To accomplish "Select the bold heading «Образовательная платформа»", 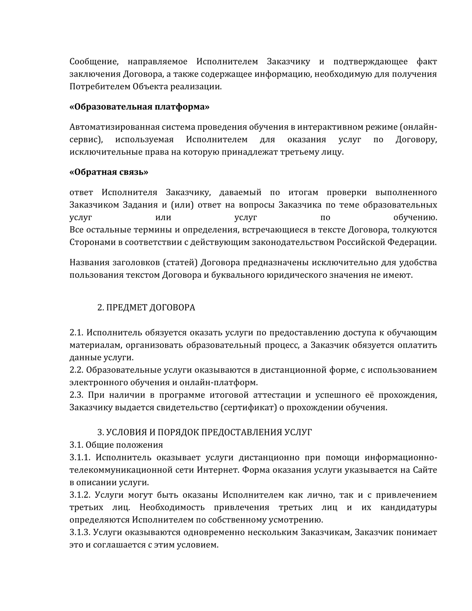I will [x=140, y=107].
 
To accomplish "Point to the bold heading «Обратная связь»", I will [x=109, y=172].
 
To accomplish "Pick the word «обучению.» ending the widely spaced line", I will [x=415, y=217].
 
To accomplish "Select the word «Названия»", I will [x=89, y=262].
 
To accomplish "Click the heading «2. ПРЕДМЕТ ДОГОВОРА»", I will [x=146, y=307].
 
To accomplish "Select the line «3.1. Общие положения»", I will [x=116, y=445].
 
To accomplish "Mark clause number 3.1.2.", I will [x=80, y=495].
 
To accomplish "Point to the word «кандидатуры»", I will [x=409, y=507].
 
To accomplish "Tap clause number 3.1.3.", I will [x=80, y=532].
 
